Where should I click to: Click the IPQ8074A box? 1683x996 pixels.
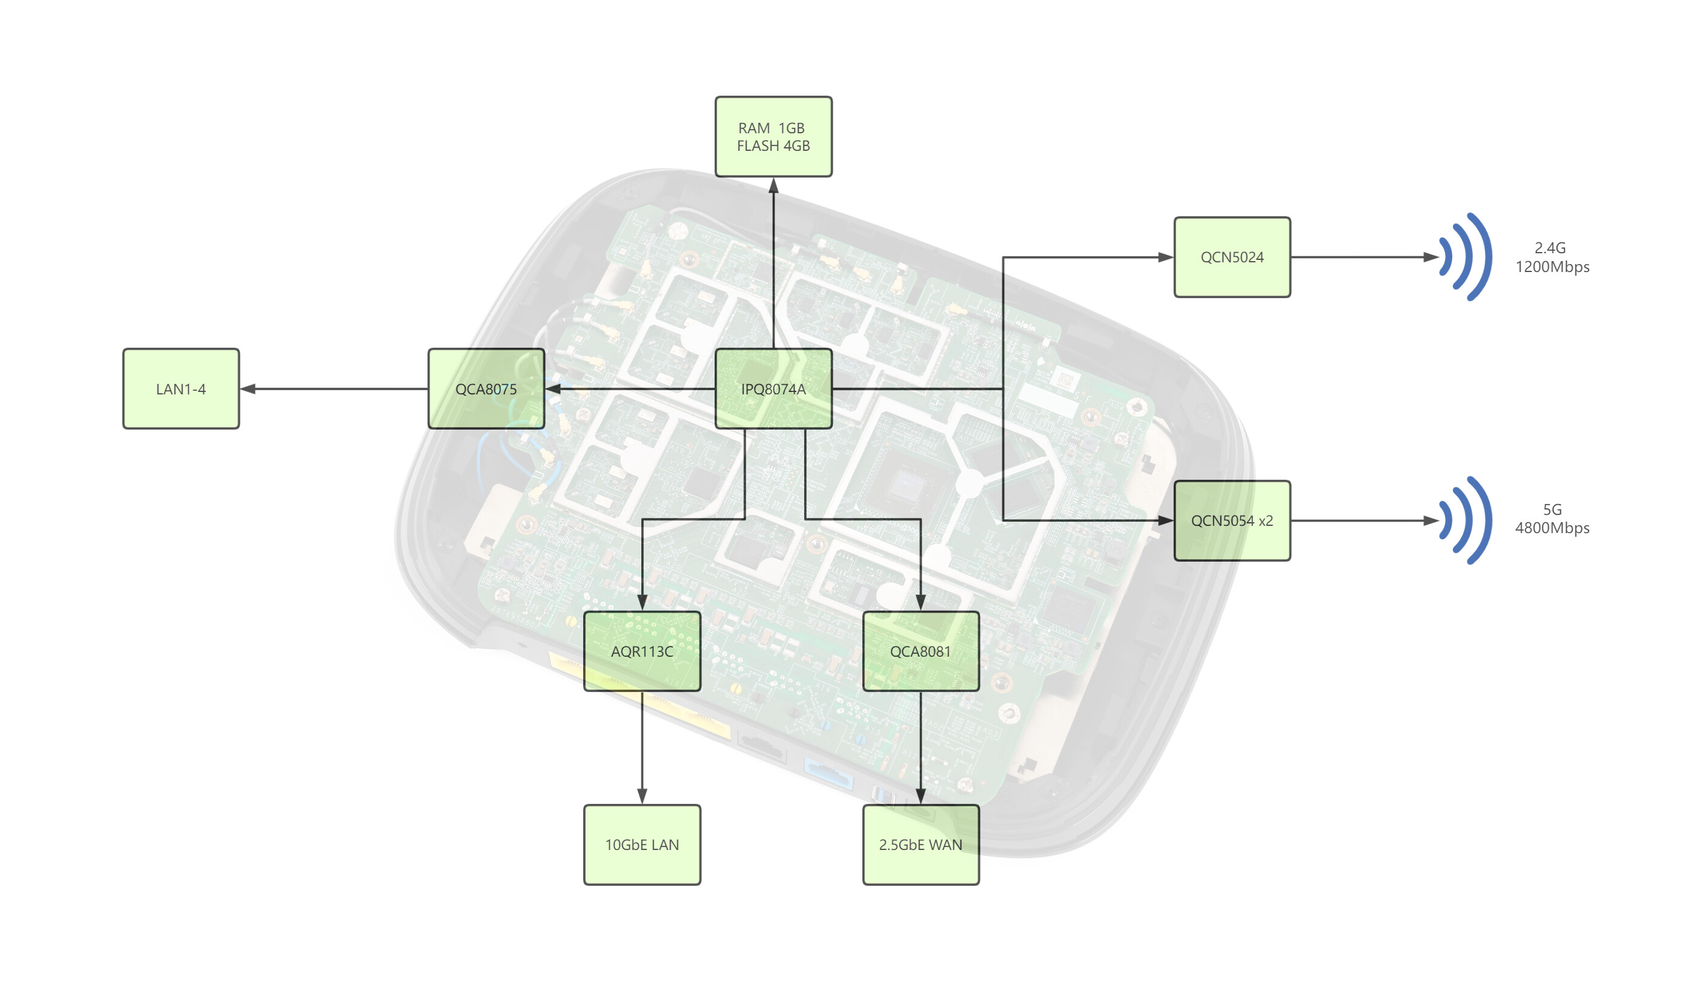tap(773, 388)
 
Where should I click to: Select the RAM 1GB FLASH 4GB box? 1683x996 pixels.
tap(773, 137)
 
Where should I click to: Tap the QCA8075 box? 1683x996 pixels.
tap(486, 388)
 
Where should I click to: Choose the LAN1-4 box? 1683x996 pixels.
tap(181, 388)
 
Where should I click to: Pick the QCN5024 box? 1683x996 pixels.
tap(1232, 257)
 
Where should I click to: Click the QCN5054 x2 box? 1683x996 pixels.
tap(1232, 521)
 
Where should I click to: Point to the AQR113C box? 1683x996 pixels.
tap(642, 651)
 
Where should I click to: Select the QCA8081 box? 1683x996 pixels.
tap(921, 651)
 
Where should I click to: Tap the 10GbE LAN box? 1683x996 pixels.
tap(642, 845)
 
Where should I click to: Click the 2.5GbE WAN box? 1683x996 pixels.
tap(921, 845)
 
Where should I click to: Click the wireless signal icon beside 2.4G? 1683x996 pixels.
tap(1466, 257)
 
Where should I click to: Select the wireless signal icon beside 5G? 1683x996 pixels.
tap(1466, 521)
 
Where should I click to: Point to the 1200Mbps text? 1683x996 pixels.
tap(1552, 267)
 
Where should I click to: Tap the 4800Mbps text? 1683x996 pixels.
tap(1552, 528)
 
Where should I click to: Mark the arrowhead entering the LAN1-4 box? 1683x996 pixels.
tap(248, 388)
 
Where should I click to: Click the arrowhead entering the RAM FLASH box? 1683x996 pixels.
tap(773, 185)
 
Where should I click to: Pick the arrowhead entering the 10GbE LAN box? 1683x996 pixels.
tap(642, 797)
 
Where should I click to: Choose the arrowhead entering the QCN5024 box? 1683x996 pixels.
tap(1166, 257)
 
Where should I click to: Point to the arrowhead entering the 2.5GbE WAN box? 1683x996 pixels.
tap(921, 797)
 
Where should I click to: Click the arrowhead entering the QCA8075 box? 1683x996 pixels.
tap(554, 388)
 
